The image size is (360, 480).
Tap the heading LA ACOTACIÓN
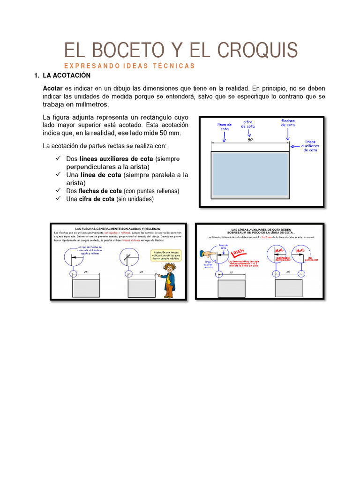[x=66, y=75]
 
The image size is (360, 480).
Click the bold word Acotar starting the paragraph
[x=52, y=88]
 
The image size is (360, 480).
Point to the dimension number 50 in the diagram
[x=250, y=140]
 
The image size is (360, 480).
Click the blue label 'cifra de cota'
[x=248, y=124]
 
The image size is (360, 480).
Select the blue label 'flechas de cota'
[x=288, y=123]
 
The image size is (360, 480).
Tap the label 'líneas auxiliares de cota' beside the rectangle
[x=310, y=145]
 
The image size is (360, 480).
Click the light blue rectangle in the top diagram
[x=250, y=173]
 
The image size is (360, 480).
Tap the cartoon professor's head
[x=168, y=268]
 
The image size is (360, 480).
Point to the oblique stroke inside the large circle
[x=127, y=257]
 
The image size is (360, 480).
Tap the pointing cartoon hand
[x=207, y=254]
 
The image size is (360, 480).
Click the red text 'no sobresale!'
[x=311, y=258]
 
